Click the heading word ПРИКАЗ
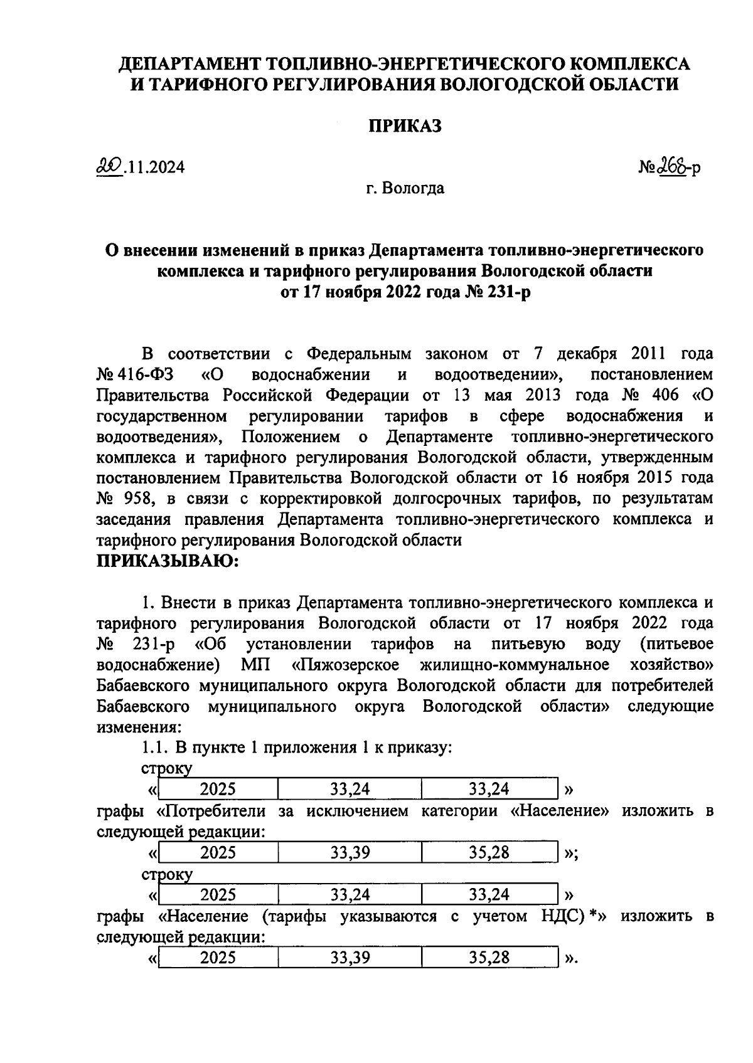coord(405,126)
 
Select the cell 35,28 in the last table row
coord(489,958)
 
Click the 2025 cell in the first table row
coord(218,789)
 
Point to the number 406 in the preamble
coord(664,395)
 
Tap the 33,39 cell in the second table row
coord(350,852)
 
